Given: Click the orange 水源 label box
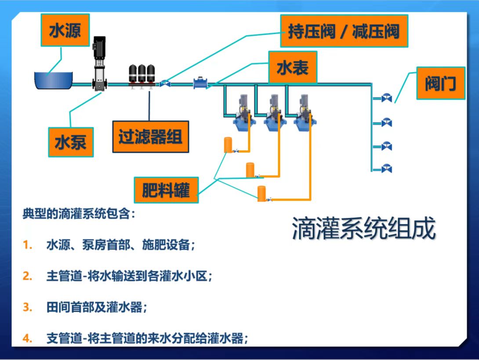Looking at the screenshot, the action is (x=65, y=30).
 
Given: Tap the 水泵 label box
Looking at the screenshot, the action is (x=71, y=142).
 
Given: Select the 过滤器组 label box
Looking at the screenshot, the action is (x=151, y=137).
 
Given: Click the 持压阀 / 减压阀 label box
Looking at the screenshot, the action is (x=344, y=31).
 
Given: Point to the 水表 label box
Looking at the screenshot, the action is (x=293, y=68).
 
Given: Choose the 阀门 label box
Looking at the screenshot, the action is (x=441, y=83).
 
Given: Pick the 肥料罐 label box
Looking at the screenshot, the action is (x=166, y=190).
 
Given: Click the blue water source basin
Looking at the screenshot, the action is (x=54, y=80).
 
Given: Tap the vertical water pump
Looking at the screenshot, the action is (x=99, y=64).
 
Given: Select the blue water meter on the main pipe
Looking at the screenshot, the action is (x=200, y=83).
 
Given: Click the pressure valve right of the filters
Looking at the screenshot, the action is (x=165, y=83).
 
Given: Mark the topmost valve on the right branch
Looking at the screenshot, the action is (x=386, y=97).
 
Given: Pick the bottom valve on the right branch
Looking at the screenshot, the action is (x=386, y=168).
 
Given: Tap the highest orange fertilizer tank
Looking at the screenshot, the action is (x=228, y=144).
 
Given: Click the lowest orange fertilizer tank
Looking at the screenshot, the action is (x=261, y=194).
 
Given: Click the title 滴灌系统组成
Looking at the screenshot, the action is (x=364, y=228).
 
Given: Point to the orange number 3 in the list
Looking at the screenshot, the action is (x=28, y=307).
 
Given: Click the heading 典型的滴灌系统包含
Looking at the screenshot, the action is (x=76, y=213).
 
